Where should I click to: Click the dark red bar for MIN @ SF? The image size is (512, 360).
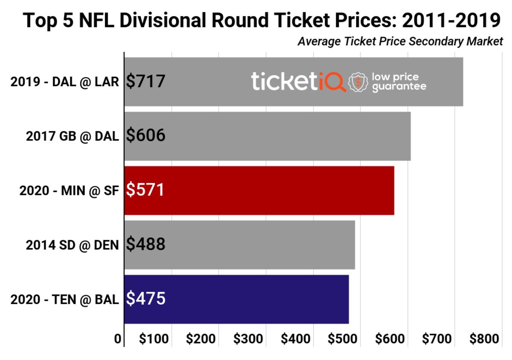[x=277, y=190]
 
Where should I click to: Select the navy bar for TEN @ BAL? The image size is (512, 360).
[x=256, y=299]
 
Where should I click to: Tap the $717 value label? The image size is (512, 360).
[x=146, y=81]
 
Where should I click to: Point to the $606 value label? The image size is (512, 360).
[x=146, y=136]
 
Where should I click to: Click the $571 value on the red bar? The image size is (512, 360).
[x=145, y=190]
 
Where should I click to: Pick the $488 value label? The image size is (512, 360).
[x=146, y=244]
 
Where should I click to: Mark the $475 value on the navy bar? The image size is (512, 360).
[x=146, y=299]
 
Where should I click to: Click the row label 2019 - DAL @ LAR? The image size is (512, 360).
[x=64, y=81]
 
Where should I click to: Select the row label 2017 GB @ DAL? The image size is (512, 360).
[x=72, y=136]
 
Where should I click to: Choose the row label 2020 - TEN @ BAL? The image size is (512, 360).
[x=64, y=299]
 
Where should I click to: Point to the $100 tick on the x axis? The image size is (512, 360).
[x=154, y=339]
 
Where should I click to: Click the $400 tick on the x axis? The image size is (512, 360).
[x=295, y=339]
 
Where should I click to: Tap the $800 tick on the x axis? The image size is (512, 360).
[x=484, y=339]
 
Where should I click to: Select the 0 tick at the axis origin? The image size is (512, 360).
[x=118, y=339]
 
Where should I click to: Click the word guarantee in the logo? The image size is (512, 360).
[x=399, y=87]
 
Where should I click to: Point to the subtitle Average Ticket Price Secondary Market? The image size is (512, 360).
[x=400, y=42]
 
